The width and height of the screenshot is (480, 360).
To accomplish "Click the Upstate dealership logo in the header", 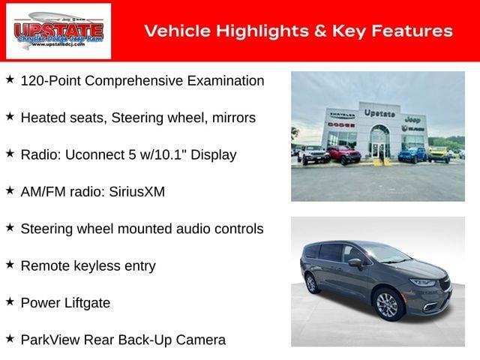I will tap(58, 31).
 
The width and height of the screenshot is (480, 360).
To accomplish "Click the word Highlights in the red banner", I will tap(247, 31).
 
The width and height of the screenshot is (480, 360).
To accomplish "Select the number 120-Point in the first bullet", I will tap(48, 80).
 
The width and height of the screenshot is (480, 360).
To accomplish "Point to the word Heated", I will tap(41, 118).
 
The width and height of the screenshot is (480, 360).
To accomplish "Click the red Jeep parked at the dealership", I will tap(343, 154).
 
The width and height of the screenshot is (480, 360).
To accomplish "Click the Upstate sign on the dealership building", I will tap(379, 112).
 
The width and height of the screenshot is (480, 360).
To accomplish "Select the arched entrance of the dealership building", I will tap(379, 139).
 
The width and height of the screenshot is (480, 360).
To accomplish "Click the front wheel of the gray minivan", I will tap(387, 305).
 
